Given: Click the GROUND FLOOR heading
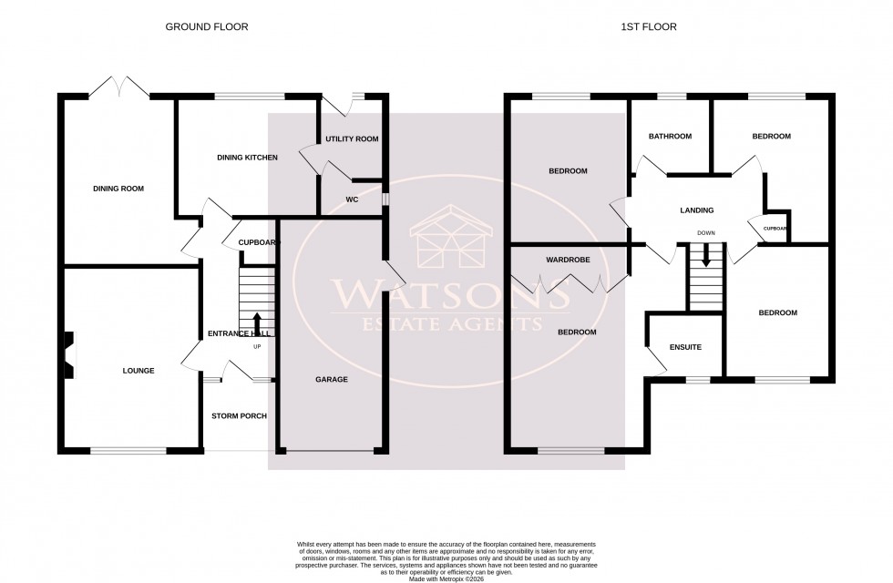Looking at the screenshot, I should [206, 27].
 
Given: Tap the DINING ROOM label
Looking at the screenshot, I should [118, 189].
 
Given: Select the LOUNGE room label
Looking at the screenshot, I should [139, 371].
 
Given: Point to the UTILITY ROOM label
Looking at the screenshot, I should [352, 139].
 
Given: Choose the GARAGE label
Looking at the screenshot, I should [332, 379].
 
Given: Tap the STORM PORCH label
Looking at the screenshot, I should [239, 416].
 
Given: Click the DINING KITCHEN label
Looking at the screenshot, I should [247, 158].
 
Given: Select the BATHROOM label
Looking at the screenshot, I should [670, 137].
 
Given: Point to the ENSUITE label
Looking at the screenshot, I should [684, 347].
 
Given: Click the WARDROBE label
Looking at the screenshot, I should [568, 260].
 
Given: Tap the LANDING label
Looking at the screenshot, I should [697, 210].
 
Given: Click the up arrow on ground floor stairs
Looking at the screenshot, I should [256, 323].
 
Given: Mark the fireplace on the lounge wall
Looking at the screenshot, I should [67, 355].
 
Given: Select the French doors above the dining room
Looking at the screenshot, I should [119, 87].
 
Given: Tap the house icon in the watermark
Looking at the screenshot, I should [446, 240].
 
